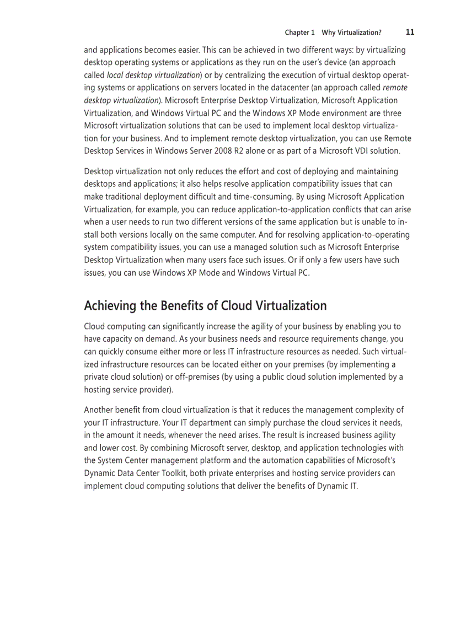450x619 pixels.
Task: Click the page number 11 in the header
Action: tap(410, 32)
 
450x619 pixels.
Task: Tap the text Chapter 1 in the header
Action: tap(299, 33)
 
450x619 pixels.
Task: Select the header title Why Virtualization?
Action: tap(351, 33)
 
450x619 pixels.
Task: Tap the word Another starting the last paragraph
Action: tap(100, 410)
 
